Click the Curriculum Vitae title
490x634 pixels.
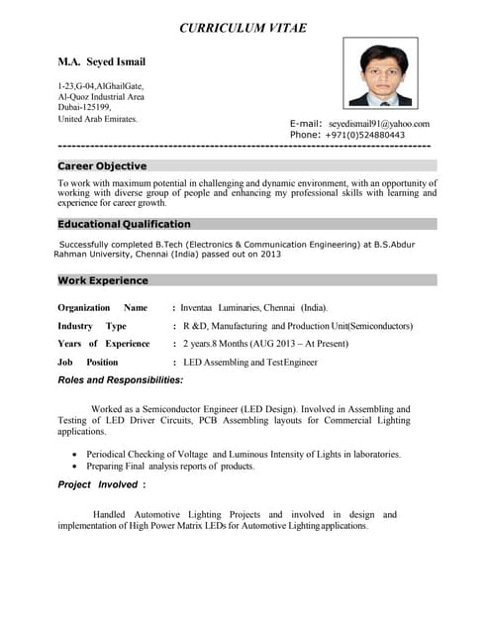tap(243, 28)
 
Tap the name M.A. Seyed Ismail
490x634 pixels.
tap(102, 62)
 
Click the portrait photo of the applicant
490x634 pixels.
tap(380, 73)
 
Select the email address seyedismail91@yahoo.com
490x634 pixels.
tap(379, 124)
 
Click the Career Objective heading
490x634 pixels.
tap(102, 166)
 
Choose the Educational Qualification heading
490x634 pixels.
tap(124, 224)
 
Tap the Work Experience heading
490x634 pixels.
tap(103, 281)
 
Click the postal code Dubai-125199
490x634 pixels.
tap(84, 108)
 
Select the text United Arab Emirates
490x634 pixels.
tap(98, 119)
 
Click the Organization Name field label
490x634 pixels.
tap(102, 308)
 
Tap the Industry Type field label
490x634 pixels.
tap(92, 326)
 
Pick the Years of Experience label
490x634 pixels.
tap(104, 344)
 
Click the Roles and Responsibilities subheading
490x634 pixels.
tap(120, 380)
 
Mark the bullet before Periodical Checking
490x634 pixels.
tap(75, 455)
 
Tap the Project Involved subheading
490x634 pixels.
tap(102, 484)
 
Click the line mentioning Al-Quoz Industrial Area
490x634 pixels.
tap(101, 97)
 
